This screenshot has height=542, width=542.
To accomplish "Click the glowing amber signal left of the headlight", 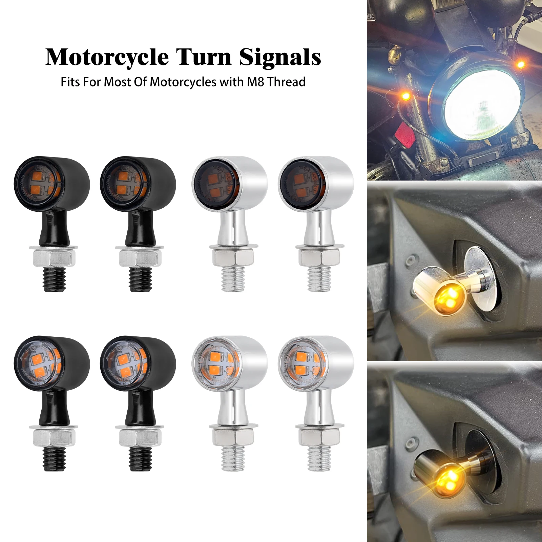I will [405, 97].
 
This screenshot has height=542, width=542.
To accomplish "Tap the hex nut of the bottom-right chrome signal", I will [319, 438].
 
